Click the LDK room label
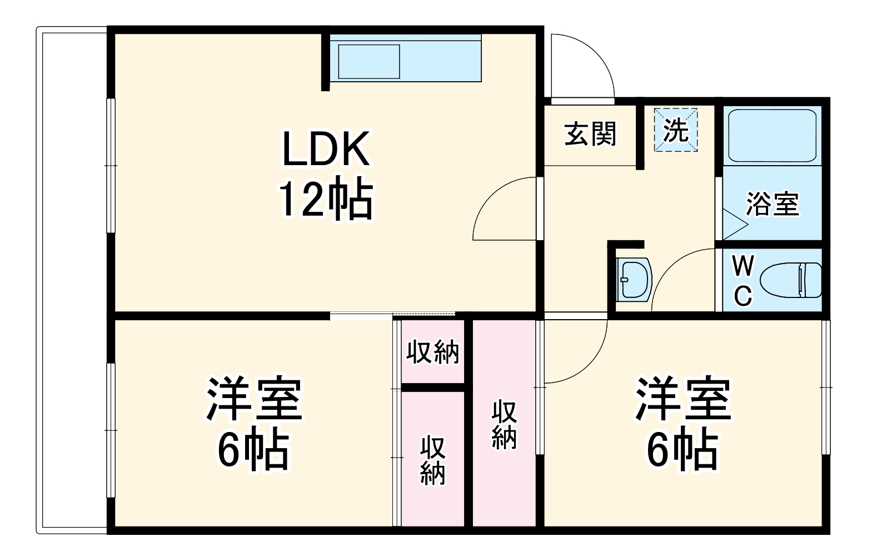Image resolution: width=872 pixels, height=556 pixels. [x=326, y=150]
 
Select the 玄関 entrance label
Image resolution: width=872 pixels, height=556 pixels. [x=590, y=135]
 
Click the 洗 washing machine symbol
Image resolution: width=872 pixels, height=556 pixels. [x=676, y=130]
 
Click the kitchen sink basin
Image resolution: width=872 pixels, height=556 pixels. [x=369, y=61]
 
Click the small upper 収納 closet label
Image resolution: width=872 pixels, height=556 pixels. [x=432, y=352]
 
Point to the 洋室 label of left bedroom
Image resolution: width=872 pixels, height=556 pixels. [x=254, y=399]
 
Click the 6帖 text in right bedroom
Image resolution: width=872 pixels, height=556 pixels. [x=682, y=449]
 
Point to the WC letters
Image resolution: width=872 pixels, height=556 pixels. [x=743, y=281]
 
